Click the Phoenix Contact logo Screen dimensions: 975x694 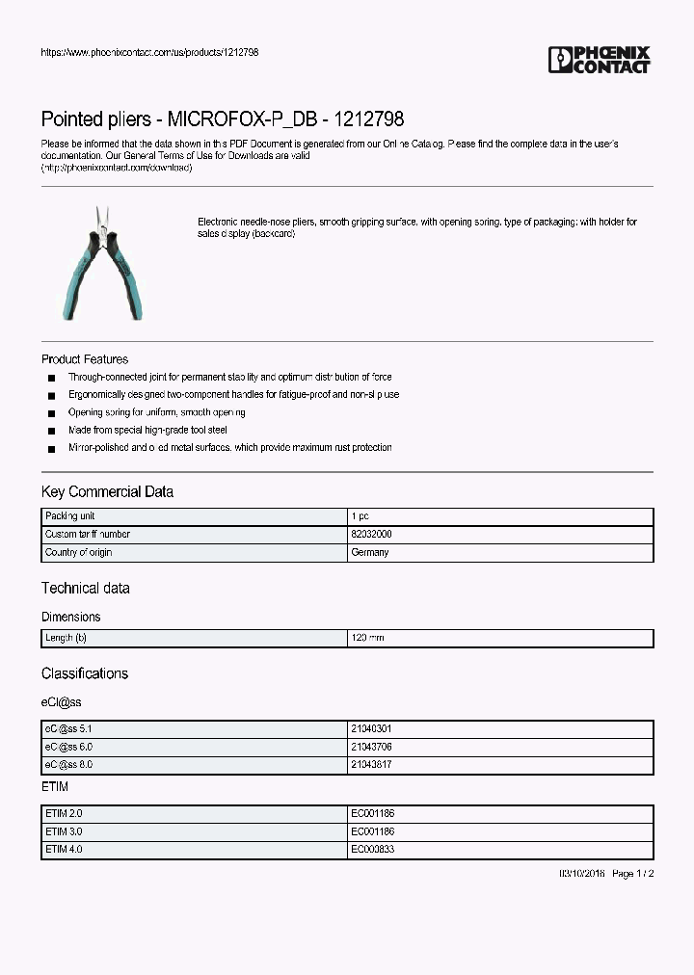click(599, 60)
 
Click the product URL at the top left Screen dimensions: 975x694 click(149, 52)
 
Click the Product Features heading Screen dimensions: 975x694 click(85, 359)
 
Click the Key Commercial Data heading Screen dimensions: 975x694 click(107, 491)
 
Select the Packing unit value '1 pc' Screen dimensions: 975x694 click(360, 516)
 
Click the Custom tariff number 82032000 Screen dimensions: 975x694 click(371, 534)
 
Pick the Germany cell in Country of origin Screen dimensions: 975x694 click(370, 552)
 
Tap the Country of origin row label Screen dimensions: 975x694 click(79, 552)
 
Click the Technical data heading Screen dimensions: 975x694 click(85, 588)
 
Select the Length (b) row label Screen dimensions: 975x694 click(67, 638)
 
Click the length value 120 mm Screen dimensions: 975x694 click(368, 638)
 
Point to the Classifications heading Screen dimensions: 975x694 click(85, 673)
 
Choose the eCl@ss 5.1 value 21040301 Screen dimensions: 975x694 click(371, 729)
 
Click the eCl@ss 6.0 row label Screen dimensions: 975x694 click(69, 747)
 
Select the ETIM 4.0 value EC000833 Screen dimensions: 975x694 click(372, 849)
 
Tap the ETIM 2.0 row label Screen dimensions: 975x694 click(65, 813)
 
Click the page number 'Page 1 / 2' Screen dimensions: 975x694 click(632, 873)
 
